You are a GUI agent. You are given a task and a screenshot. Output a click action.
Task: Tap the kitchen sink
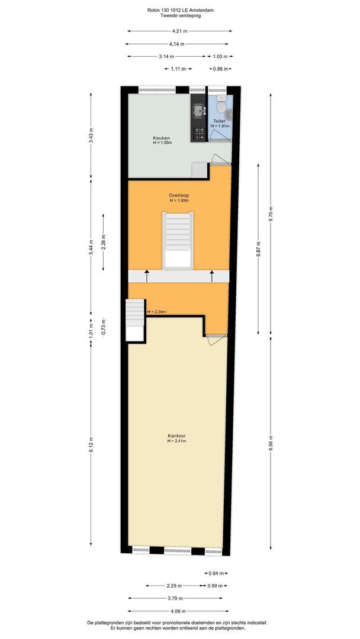(x=198, y=110)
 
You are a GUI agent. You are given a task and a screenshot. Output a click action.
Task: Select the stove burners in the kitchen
(x=198, y=133)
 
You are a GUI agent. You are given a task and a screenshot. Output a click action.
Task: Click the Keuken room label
(x=162, y=138)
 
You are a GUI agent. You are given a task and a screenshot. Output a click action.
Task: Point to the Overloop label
(x=179, y=195)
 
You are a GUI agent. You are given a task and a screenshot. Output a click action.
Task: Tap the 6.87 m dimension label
(x=258, y=248)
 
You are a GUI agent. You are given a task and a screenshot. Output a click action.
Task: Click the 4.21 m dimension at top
(x=179, y=31)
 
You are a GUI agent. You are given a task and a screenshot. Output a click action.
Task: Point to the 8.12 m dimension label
(x=91, y=444)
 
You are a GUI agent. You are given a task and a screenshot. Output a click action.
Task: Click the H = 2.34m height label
(x=156, y=312)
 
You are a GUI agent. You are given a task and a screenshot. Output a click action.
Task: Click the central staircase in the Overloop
(x=178, y=240)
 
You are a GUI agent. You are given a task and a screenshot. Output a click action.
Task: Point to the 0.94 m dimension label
(x=216, y=573)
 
